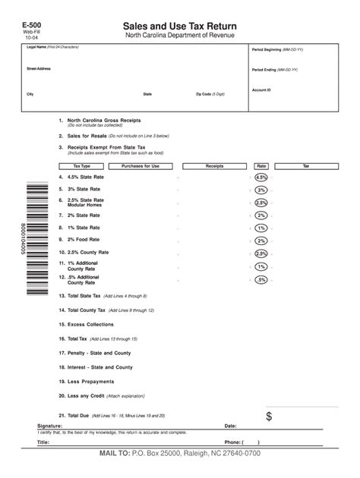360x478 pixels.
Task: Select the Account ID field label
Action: coord(261,90)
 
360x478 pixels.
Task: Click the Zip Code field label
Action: coord(210,95)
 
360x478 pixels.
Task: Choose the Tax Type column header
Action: coord(81,165)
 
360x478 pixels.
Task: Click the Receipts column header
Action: coord(214,165)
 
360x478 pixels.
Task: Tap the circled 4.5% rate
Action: coord(261,177)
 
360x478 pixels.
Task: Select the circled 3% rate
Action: coord(261,190)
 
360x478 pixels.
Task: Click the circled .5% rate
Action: coord(261,280)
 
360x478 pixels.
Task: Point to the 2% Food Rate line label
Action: coord(84,240)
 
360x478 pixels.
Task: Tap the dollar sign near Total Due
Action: coord(270,417)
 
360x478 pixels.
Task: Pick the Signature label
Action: coord(50,426)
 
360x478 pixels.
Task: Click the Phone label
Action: coord(232,442)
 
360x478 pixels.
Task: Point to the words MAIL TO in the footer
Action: coord(114,453)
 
